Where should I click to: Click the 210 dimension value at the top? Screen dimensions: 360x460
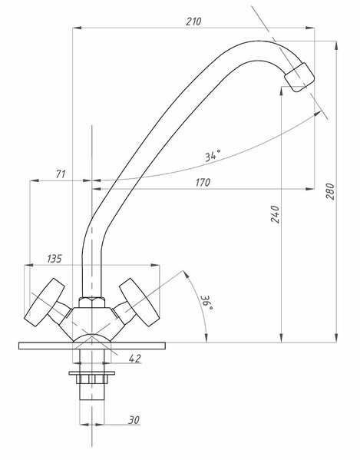point(193,22)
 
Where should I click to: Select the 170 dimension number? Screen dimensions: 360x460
point(203,183)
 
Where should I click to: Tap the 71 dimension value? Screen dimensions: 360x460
point(61,174)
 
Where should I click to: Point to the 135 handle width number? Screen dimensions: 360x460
point(54,259)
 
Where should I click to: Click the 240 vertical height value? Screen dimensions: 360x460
point(275,214)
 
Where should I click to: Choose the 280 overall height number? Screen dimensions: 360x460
point(330,191)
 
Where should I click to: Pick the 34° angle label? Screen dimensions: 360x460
point(213,155)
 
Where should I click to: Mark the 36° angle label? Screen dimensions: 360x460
point(207,303)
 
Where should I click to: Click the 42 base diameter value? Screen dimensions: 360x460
point(134,359)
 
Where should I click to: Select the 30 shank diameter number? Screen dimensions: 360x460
point(134,420)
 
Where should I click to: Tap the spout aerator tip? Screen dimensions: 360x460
point(299,78)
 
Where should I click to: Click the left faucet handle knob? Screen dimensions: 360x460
point(45,303)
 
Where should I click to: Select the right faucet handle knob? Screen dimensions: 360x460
point(139,303)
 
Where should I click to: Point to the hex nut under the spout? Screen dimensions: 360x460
point(92,303)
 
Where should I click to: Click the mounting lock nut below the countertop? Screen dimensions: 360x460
point(92,377)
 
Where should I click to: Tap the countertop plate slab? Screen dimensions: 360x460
point(92,346)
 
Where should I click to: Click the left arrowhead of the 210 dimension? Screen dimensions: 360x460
point(77,28)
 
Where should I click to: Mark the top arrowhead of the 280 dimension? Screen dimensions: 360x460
point(336,45)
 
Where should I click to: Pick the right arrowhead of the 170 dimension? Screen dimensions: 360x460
point(310,189)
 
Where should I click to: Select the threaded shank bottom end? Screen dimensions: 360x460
point(92,399)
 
